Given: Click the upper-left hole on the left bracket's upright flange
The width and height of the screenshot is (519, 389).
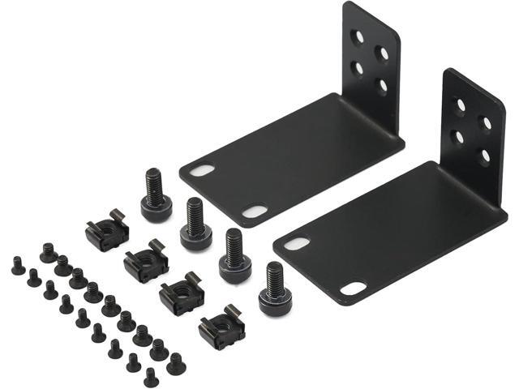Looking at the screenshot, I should pyautogui.click(x=358, y=37).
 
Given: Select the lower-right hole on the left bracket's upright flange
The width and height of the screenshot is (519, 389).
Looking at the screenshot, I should pyautogui.click(x=382, y=83).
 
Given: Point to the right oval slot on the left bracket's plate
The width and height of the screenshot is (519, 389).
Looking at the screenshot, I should pyautogui.click(x=255, y=212).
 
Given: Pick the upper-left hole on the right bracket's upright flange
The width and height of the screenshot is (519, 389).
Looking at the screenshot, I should pyautogui.click(x=460, y=105).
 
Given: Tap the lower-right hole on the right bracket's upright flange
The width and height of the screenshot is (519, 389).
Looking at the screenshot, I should pyautogui.click(x=485, y=155).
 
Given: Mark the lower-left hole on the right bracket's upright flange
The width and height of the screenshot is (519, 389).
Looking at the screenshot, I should pyautogui.click(x=459, y=137).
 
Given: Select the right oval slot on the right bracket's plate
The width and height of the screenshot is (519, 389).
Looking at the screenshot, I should pyautogui.click(x=353, y=288).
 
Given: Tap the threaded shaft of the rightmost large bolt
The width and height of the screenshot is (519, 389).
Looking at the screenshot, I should pyautogui.click(x=275, y=278).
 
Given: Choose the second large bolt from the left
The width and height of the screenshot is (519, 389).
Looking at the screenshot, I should pyautogui.click(x=195, y=223).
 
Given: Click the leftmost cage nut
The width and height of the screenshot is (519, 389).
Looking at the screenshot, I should pyautogui.click(x=107, y=231).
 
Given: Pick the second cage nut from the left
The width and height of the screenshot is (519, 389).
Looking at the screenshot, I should pyautogui.click(x=146, y=262).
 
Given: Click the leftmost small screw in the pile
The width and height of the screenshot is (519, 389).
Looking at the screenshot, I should pyautogui.click(x=18, y=266).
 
